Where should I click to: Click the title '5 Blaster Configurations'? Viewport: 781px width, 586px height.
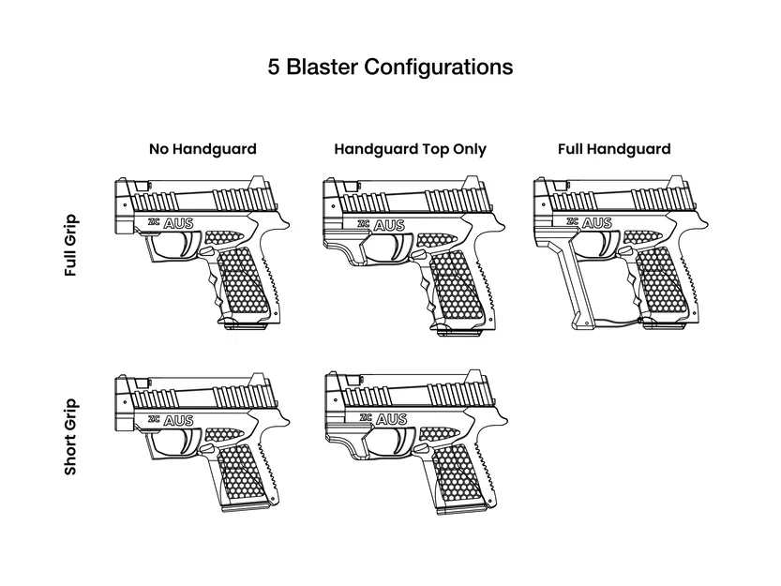click(x=390, y=68)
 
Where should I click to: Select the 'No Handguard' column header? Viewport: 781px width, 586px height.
click(x=202, y=149)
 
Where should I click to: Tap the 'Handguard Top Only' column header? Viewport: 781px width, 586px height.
click(x=410, y=149)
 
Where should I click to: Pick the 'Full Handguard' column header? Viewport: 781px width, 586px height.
click(x=614, y=149)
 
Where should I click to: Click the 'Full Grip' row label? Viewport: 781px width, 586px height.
click(x=71, y=247)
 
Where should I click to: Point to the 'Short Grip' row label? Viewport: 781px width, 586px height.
click(x=71, y=437)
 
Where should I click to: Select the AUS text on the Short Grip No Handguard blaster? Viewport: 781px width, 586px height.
click(x=178, y=421)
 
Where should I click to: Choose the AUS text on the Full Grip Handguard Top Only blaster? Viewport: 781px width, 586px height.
click(x=388, y=225)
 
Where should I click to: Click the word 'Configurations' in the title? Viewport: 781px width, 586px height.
click(x=438, y=68)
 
